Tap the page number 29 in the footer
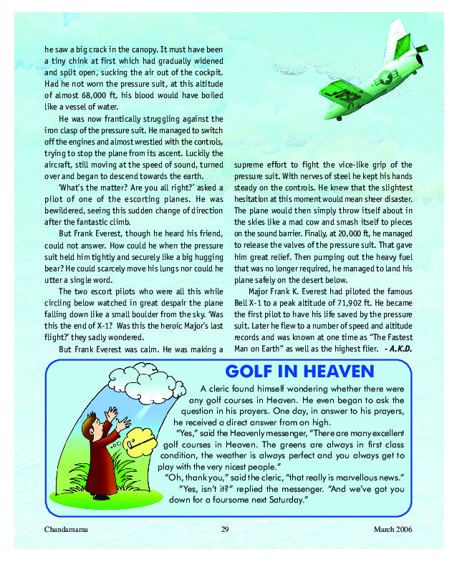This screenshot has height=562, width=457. (225, 529)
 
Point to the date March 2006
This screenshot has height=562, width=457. (393, 529)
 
